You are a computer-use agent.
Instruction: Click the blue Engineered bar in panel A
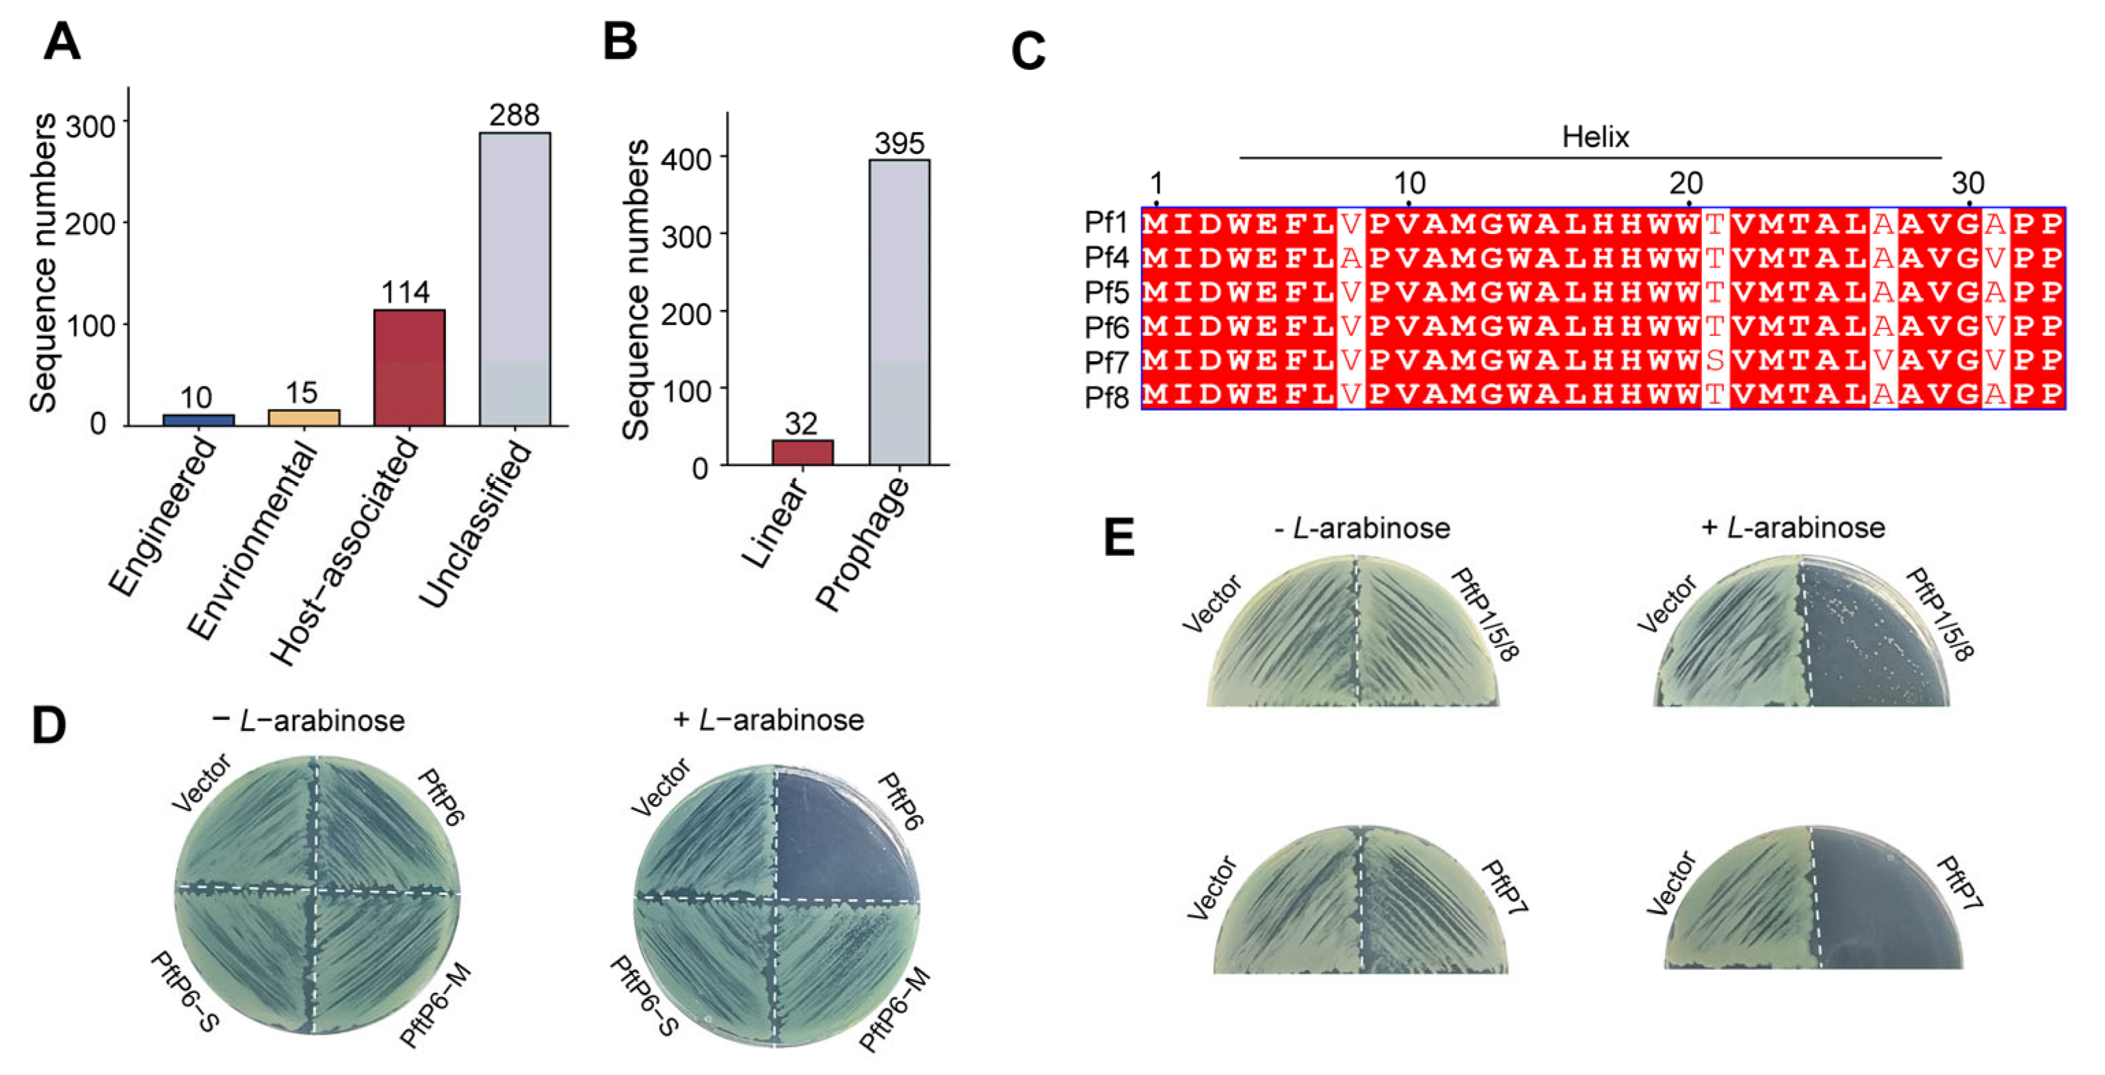tap(198, 419)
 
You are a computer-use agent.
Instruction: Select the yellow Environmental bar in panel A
tap(304, 417)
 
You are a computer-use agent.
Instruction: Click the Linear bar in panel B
tap(802, 452)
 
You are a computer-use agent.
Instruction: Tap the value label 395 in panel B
tap(899, 144)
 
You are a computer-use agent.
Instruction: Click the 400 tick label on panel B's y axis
tap(686, 158)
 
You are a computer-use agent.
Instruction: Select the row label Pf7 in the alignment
tap(1106, 361)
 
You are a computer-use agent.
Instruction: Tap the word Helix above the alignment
tap(1594, 137)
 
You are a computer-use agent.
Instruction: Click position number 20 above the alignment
tap(1686, 183)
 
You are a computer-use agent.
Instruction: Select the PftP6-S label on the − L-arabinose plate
tap(185, 992)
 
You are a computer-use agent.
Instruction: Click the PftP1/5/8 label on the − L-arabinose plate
tap(1484, 613)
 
